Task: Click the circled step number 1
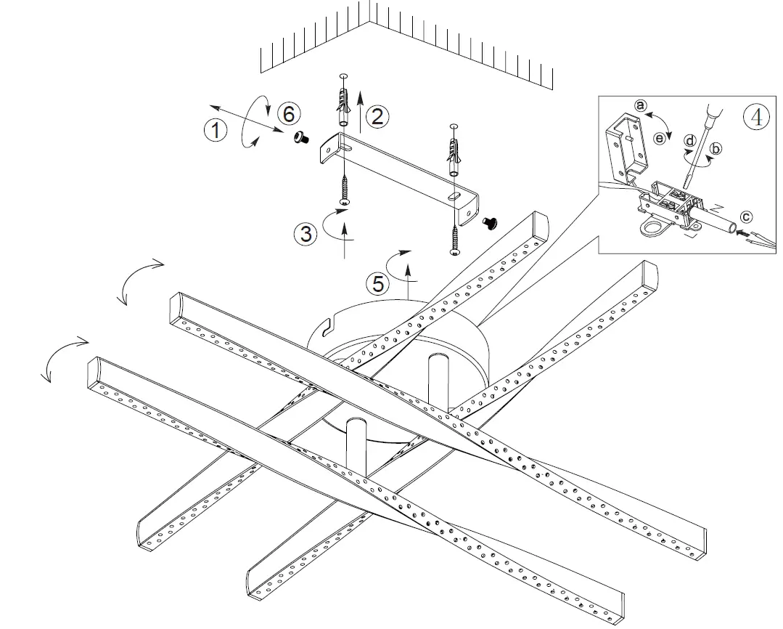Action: point(214,131)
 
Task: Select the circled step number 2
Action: point(377,117)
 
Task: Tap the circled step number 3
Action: point(306,234)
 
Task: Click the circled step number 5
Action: point(377,283)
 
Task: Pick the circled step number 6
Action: point(288,113)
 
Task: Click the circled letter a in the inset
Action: point(639,105)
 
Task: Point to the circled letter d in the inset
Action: point(690,139)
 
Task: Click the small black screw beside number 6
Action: point(299,137)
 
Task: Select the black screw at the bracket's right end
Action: point(490,222)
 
